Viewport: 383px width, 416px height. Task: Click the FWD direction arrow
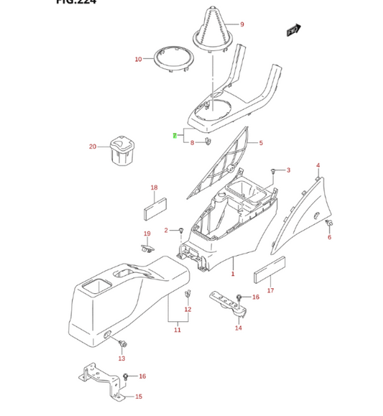point(292,31)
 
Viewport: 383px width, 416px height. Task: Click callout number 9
point(242,25)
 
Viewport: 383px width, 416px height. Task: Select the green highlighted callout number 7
point(174,136)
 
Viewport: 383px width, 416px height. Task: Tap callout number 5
point(261,143)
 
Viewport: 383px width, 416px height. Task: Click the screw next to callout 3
point(274,170)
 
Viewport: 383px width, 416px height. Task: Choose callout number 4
point(318,165)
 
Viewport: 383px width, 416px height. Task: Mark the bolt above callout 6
point(329,226)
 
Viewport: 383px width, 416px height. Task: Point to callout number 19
point(147,234)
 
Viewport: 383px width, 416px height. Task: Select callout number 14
point(238,328)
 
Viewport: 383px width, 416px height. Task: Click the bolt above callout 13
point(121,344)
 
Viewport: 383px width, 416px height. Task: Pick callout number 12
point(188,310)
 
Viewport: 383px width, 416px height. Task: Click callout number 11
point(177,330)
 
